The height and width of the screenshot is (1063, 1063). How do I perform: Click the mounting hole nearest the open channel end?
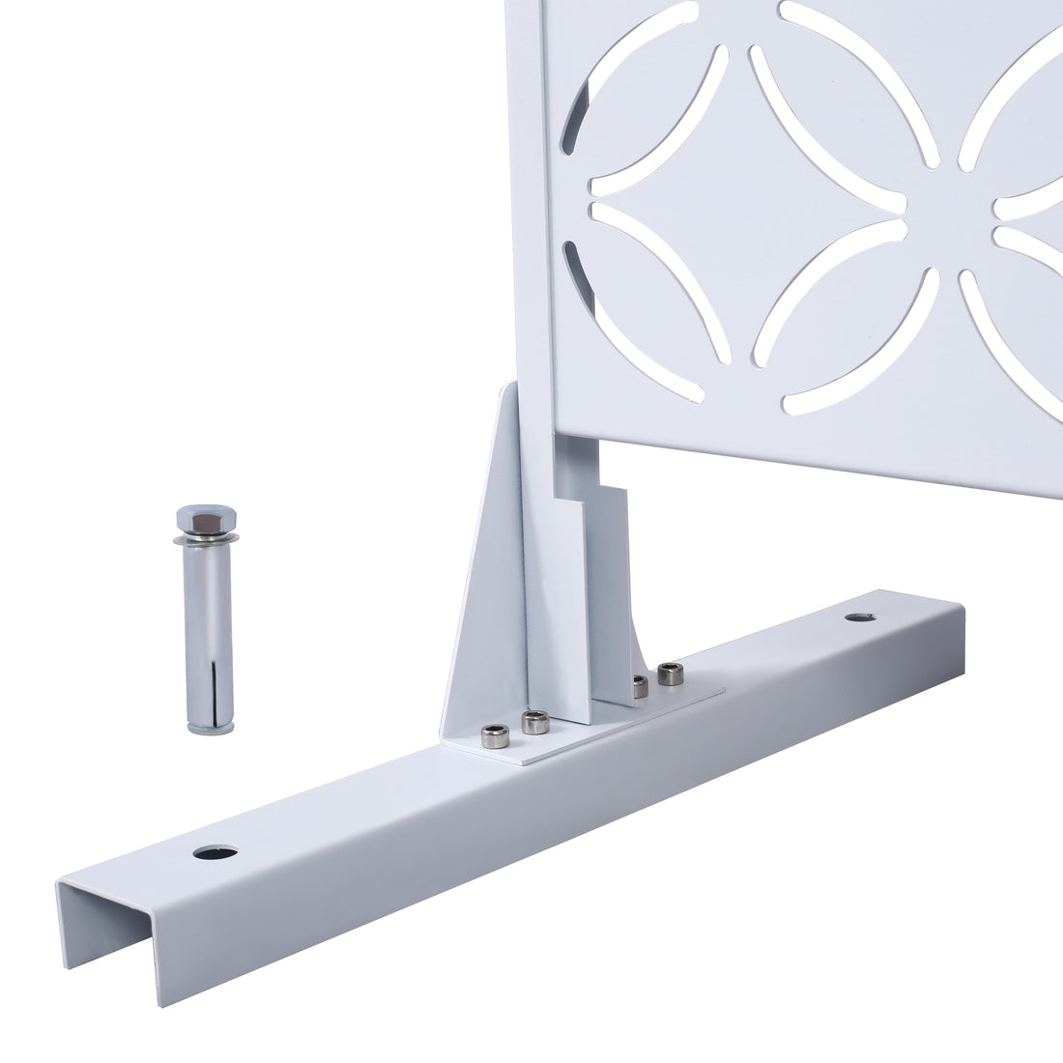pyautogui.click(x=215, y=852)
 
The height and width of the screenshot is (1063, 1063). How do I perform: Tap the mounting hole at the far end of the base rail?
pyautogui.click(x=857, y=617)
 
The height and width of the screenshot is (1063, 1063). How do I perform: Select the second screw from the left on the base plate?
pyautogui.click(x=534, y=721)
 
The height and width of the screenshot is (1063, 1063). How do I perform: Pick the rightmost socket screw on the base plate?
pyautogui.click(x=667, y=674)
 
